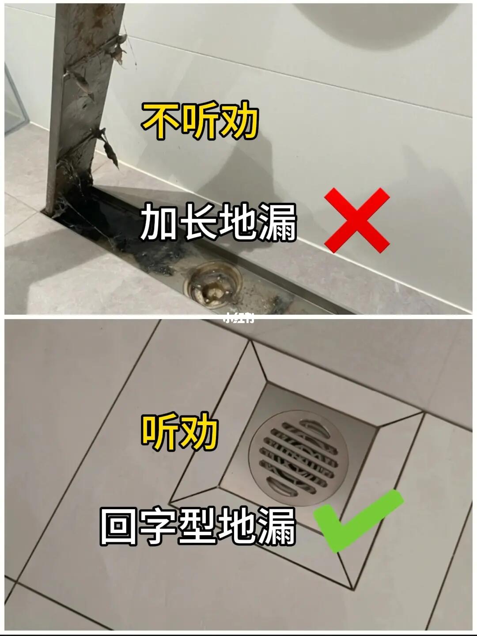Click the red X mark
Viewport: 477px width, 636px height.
357,220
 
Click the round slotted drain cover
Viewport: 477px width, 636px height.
299,458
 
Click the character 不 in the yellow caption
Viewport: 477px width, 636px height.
160,121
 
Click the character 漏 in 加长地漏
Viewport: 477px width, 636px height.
277,222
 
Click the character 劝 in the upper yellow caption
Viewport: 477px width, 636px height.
239,121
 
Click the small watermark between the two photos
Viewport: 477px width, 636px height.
238,318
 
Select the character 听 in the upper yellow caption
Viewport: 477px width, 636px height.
200,121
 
